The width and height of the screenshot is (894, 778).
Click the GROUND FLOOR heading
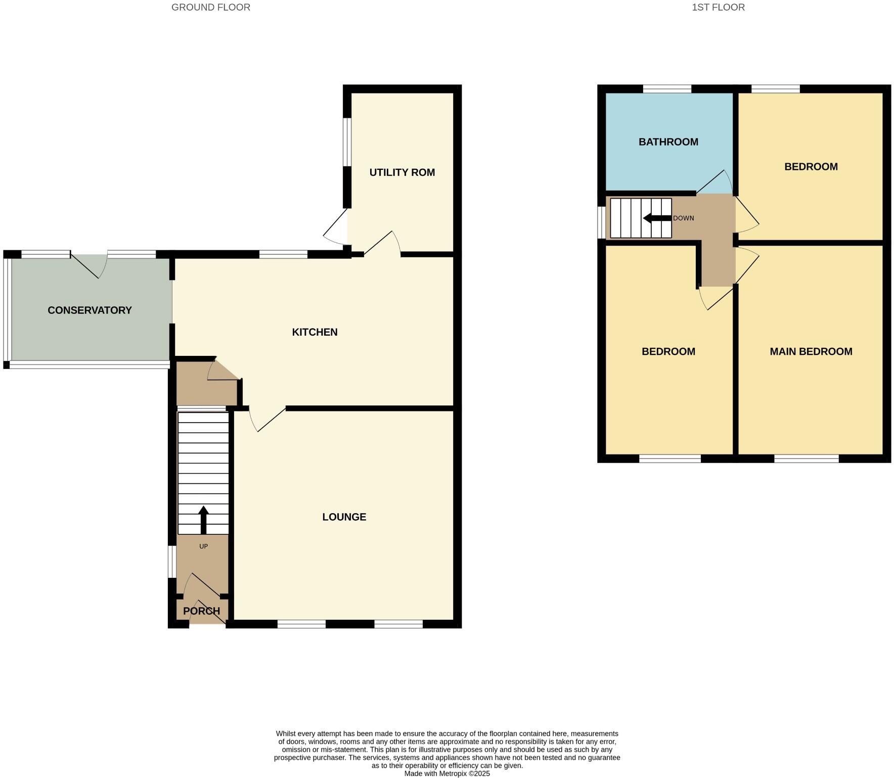(x=210, y=7)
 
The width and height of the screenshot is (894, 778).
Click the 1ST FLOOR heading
(x=718, y=7)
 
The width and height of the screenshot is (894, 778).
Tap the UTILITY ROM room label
(x=402, y=172)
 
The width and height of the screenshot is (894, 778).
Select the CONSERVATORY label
(x=90, y=310)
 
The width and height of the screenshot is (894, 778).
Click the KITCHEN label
(x=315, y=332)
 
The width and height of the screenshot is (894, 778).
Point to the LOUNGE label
(x=344, y=517)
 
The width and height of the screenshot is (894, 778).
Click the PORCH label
(x=201, y=611)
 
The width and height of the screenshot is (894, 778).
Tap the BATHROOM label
(x=668, y=142)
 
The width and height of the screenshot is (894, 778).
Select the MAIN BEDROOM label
(x=811, y=351)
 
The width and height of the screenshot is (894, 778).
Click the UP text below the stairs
(x=203, y=546)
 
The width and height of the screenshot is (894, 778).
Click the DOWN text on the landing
(x=683, y=218)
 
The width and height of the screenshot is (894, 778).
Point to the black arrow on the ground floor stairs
(x=203, y=520)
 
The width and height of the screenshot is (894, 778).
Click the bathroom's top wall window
(x=667, y=89)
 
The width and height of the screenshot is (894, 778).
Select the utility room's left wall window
(x=347, y=142)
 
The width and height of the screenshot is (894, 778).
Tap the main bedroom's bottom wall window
(x=806, y=459)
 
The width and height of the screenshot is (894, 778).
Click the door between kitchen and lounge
(x=268, y=420)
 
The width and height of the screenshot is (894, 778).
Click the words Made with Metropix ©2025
(x=446, y=773)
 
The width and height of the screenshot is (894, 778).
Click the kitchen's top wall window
(x=283, y=254)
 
